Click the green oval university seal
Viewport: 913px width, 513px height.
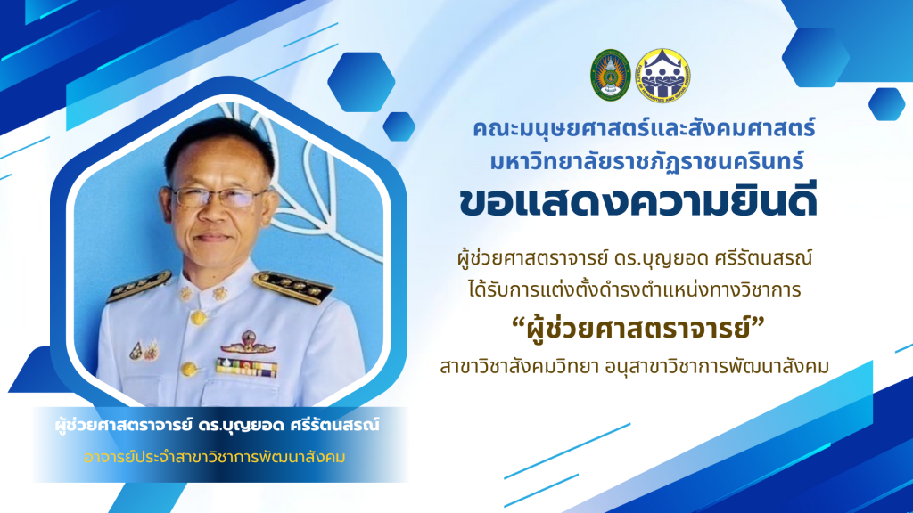tap(610, 75)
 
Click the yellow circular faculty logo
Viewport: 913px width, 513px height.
tap(663, 76)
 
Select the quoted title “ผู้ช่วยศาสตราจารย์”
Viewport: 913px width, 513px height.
tap(637, 329)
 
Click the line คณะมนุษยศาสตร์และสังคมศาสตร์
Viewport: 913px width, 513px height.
tap(644, 129)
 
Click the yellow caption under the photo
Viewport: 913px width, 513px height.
tap(215, 457)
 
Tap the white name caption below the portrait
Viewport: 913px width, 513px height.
tap(218, 425)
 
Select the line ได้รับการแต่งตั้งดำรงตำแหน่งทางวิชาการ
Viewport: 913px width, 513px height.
tap(635, 289)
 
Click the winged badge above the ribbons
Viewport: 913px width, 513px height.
tap(248, 343)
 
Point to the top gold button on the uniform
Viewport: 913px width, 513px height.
tap(199, 318)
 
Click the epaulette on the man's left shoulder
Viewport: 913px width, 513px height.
tap(292, 286)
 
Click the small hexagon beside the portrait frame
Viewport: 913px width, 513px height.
tap(399, 126)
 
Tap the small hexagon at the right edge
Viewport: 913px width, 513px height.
tap(887, 104)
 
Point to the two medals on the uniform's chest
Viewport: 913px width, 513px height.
tap(144, 350)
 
